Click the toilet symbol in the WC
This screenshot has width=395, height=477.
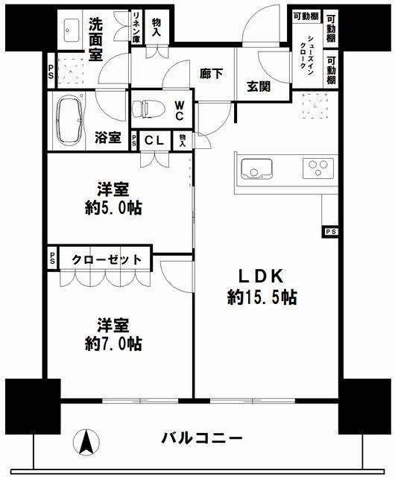point(148,109)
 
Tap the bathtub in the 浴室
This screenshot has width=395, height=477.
point(70,121)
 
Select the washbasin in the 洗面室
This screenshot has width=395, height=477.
point(72,31)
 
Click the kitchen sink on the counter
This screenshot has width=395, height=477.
point(256,169)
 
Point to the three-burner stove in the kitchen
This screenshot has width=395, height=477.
point(318,168)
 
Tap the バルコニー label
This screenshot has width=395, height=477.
point(202,438)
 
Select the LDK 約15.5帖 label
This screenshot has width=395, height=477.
point(262,287)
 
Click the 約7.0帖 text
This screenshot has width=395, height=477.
point(113,344)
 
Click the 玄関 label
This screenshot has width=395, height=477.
point(259,86)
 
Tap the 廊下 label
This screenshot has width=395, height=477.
point(211,74)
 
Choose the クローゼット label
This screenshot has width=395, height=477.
point(107,259)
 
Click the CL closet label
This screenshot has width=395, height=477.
point(154,140)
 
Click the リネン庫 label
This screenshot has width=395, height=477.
point(136,27)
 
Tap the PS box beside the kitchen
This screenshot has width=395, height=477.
point(330,232)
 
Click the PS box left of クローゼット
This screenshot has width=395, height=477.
point(53,258)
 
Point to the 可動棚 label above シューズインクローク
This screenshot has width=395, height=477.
point(306,16)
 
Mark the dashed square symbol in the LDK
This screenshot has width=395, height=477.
point(315,106)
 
